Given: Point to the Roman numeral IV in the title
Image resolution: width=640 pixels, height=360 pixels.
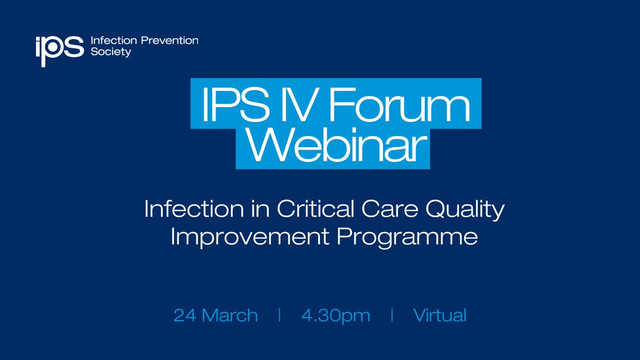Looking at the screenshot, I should [300, 105].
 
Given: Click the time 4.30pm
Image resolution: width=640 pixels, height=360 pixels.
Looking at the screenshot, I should [335, 316].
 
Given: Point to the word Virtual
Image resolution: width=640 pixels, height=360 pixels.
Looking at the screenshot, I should [439, 315].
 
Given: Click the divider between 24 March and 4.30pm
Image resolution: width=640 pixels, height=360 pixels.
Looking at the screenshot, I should [279, 315].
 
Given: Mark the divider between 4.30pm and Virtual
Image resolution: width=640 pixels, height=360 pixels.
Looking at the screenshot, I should [392, 315].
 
